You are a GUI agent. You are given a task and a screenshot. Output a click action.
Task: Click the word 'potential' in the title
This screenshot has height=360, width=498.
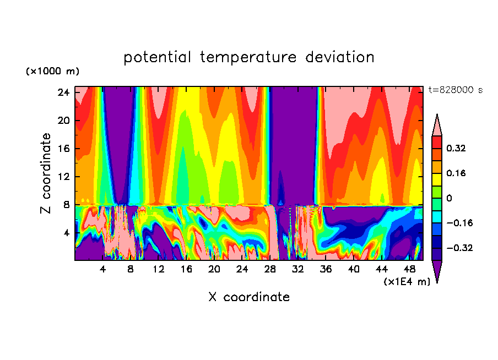[158, 57]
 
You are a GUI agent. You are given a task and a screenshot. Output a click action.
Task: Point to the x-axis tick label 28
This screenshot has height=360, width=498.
[270, 269]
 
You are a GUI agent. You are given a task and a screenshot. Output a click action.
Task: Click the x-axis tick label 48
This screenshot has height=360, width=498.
[409, 269]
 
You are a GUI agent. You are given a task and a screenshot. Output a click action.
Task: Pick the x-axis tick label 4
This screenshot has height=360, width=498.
[103, 269]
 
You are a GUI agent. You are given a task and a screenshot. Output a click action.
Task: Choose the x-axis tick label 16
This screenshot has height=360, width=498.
[186, 269]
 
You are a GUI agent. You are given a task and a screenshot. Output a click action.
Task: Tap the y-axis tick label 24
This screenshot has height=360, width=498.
[63, 92]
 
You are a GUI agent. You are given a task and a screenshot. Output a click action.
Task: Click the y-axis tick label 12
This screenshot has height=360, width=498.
[63, 177]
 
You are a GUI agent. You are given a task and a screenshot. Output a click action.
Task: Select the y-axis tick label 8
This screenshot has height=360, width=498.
[66, 205]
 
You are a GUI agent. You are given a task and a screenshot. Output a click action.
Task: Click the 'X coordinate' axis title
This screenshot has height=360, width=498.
[249, 297]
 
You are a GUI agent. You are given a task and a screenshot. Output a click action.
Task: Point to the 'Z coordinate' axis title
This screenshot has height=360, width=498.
[46, 173]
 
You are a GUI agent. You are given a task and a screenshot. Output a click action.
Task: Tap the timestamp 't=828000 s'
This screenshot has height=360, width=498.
[455, 90]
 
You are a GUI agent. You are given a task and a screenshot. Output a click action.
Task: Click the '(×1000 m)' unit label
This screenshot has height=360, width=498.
[52, 72]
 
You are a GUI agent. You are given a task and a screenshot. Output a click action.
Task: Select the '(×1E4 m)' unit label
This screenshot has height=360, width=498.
[407, 282]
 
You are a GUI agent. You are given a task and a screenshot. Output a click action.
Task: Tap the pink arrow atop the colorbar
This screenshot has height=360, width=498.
[437, 125]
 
